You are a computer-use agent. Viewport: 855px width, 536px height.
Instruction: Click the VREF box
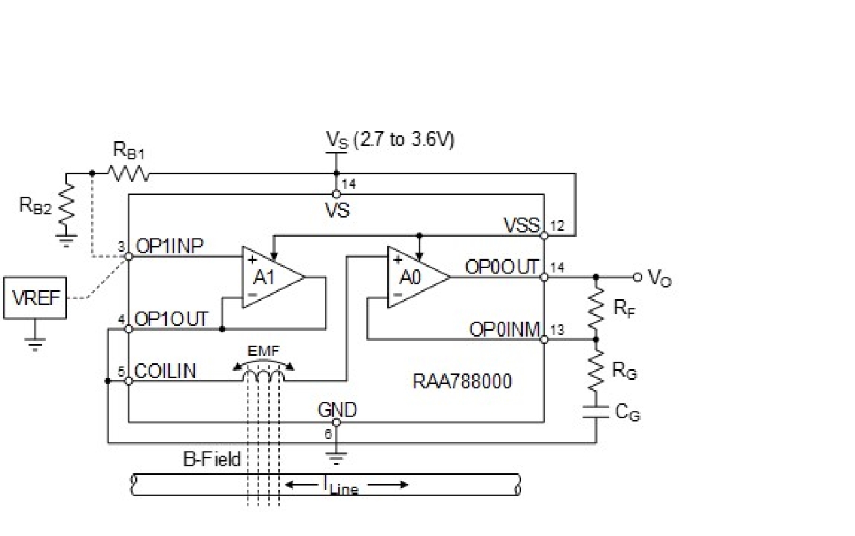(x=35, y=297)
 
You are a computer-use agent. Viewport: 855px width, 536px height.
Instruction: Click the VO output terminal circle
(x=638, y=277)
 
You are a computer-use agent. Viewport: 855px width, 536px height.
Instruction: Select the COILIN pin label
(x=166, y=371)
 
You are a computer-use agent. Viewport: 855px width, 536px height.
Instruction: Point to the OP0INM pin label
(x=504, y=330)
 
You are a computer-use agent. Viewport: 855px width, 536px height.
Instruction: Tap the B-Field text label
(x=212, y=459)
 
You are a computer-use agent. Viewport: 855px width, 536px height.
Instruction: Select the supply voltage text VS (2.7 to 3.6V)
(x=390, y=139)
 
